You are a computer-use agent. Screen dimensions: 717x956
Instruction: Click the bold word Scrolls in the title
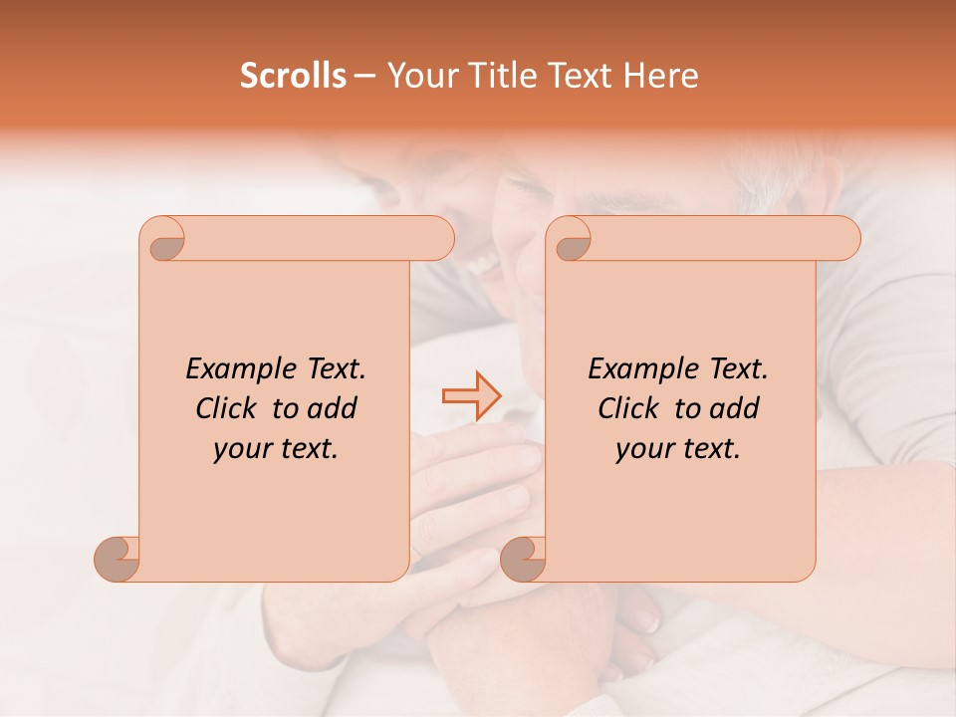[x=294, y=76]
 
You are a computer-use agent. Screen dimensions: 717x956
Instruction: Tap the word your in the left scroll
[x=240, y=450]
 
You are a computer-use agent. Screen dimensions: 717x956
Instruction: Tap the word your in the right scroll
[x=642, y=450]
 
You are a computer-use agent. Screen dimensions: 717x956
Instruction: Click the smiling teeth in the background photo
[x=486, y=264]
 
